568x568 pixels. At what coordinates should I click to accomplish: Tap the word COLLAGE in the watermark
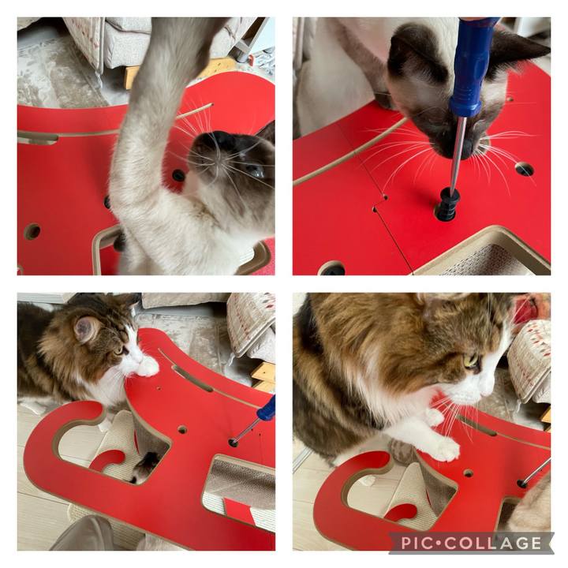(493, 543)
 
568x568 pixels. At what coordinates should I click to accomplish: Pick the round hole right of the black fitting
(525, 169)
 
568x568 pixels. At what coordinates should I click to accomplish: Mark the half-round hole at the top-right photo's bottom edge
(332, 268)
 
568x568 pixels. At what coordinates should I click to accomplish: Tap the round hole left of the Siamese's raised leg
(32, 231)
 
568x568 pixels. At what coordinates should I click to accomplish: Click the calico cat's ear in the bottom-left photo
(86, 328)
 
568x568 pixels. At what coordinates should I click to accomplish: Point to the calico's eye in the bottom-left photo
(118, 349)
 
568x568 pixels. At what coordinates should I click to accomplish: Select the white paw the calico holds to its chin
(148, 366)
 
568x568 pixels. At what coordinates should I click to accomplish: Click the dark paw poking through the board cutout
(145, 466)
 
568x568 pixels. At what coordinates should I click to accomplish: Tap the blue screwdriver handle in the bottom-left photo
(267, 409)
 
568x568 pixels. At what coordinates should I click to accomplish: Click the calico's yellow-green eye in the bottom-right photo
(471, 361)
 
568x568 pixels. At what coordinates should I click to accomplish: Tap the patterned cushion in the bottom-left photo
(251, 324)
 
